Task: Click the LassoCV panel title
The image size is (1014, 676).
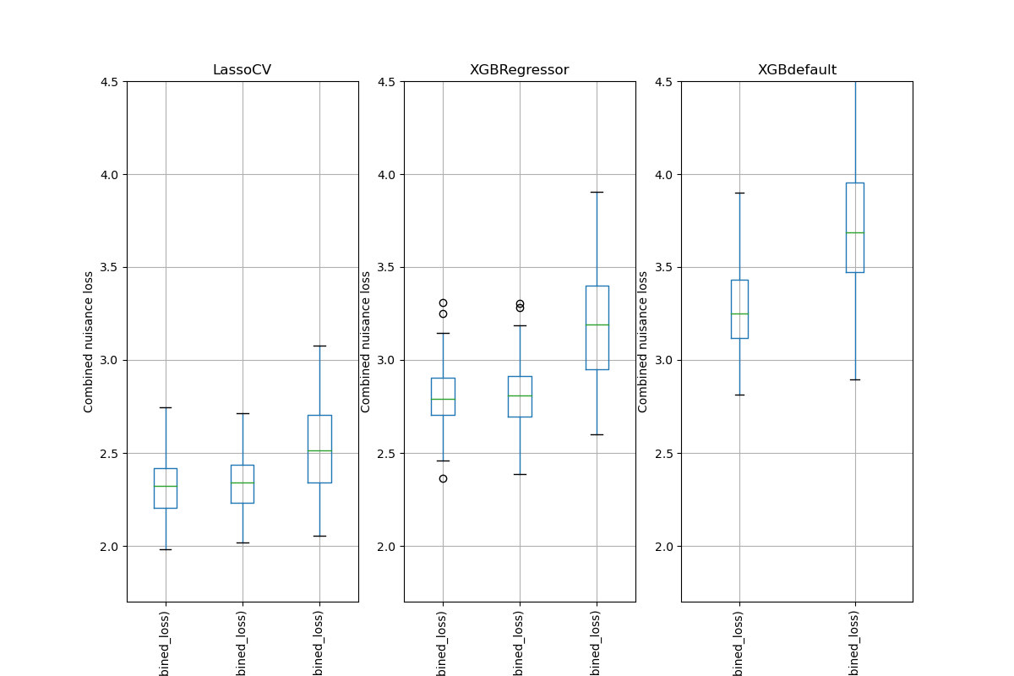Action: (242, 70)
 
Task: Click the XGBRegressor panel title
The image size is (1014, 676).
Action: (519, 70)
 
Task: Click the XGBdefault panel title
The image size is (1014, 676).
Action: (797, 70)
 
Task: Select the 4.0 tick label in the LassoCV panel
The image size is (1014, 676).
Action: (109, 175)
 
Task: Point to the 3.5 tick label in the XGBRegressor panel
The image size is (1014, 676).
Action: (386, 268)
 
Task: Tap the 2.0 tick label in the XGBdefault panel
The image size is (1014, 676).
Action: (663, 547)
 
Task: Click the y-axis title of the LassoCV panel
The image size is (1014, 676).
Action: (89, 341)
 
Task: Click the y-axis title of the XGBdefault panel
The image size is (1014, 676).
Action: (643, 341)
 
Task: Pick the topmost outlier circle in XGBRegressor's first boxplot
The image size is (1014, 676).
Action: (443, 303)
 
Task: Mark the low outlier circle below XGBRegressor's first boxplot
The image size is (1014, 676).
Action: (443, 478)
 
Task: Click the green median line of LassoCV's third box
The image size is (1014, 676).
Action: (319, 450)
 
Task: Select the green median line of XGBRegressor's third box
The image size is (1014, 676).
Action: (597, 324)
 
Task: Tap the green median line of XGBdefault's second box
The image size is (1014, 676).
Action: (854, 232)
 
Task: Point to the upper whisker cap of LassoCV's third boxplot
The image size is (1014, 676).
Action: (319, 346)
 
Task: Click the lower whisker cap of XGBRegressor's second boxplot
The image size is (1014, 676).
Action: (520, 474)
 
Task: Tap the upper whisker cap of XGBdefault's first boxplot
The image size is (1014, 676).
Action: (739, 193)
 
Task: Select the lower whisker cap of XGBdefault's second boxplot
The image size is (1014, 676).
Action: (854, 379)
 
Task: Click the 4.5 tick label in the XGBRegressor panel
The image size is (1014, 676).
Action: (386, 82)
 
